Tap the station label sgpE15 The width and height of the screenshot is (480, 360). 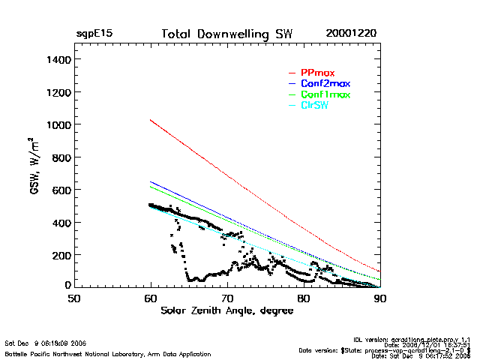pyautogui.click(x=94, y=34)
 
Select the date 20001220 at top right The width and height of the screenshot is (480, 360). pyautogui.click(x=351, y=34)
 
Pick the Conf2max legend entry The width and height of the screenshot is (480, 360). pyautogui.click(x=325, y=84)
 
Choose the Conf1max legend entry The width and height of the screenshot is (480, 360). pyautogui.click(x=325, y=95)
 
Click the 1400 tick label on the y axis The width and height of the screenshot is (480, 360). pyautogui.click(x=58, y=59)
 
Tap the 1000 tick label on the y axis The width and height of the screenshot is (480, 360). pyautogui.click(x=58, y=124)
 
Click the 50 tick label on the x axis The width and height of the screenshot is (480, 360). pyautogui.click(x=74, y=298)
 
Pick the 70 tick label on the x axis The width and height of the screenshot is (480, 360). pyautogui.click(x=227, y=298)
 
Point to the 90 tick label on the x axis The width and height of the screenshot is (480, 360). pyautogui.click(x=380, y=298)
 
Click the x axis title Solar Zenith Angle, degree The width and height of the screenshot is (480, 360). pyautogui.click(x=226, y=310)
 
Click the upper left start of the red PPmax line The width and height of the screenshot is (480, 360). pyautogui.click(x=151, y=120)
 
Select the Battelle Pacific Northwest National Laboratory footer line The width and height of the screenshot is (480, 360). pyautogui.click(x=108, y=353)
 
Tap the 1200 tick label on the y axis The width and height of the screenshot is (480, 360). pyautogui.click(x=58, y=92)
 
